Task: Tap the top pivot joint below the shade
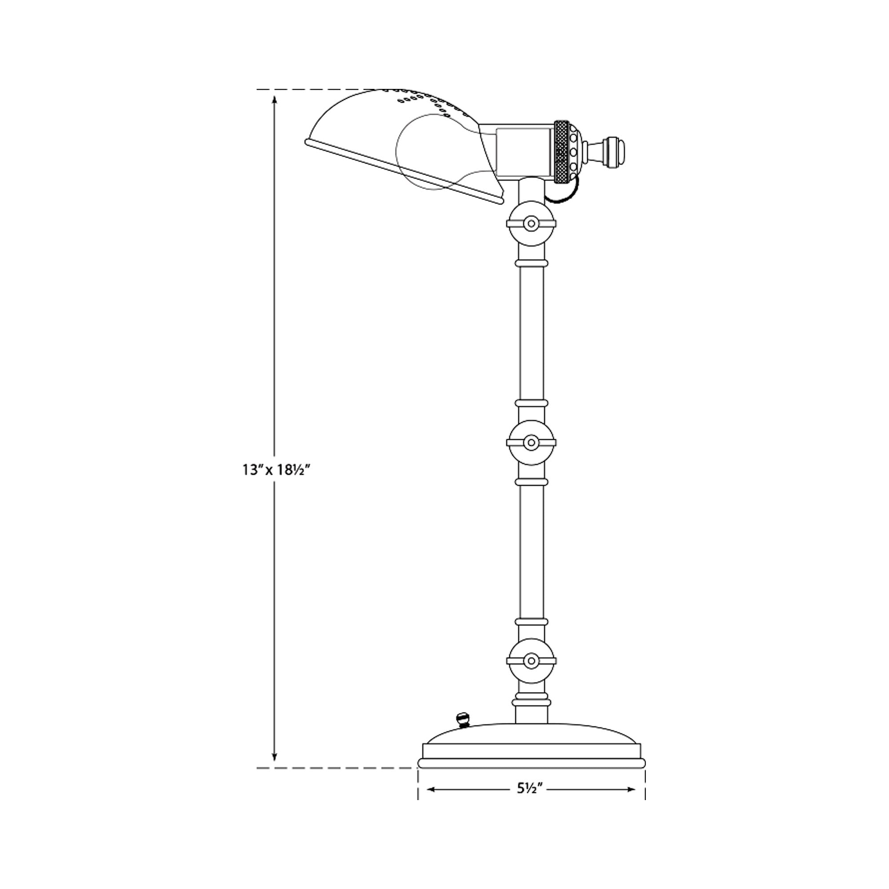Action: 531,224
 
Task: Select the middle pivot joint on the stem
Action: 531,443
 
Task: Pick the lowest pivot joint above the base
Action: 531,661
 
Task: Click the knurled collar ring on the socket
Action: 561,152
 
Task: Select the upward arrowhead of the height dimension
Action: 275,99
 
